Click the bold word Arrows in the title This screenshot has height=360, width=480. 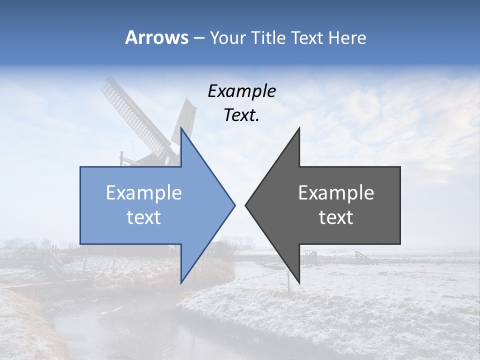[157, 38]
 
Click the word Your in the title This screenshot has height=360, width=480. [227, 38]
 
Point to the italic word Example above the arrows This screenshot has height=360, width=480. [241, 91]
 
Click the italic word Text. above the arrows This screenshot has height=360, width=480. [241, 115]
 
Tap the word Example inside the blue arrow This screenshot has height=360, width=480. [144, 193]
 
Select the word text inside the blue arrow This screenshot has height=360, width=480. [144, 217]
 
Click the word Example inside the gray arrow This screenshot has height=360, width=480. [336, 193]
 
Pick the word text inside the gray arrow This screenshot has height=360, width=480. [336, 217]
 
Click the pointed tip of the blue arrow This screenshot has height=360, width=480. [234, 205]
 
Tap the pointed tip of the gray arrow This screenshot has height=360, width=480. [245, 205]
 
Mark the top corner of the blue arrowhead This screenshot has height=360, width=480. [181, 128]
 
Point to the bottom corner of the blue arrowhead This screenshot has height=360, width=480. [181, 283]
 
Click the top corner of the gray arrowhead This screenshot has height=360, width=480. [299, 128]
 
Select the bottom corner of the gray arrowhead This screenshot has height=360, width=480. [299, 283]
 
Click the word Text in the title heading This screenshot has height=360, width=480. [306, 38]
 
